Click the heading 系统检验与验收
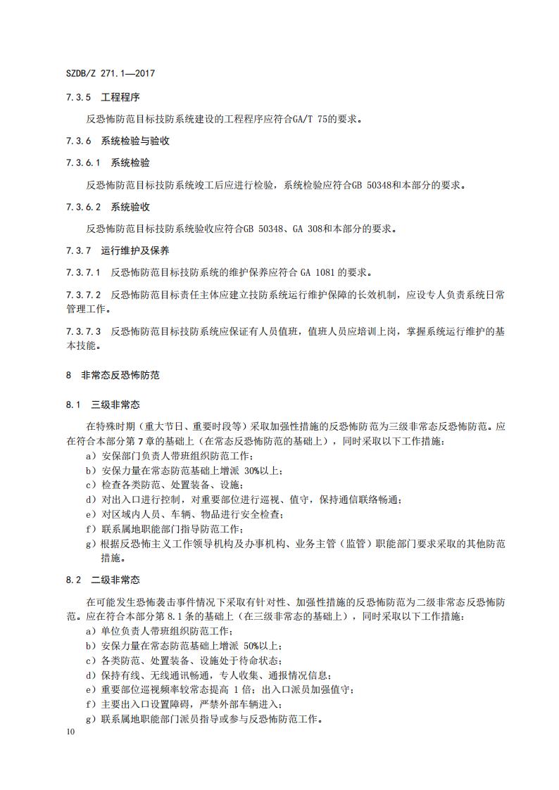(x=135, y=141)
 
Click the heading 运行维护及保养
(x=135, y=250)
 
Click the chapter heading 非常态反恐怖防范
(x=120, y=376)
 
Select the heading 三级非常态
(x=115, y=405)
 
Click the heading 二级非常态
(x=115, y=580)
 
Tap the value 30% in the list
(x=254, y=471)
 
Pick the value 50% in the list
(x=254, y=646)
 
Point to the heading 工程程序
(x=120, y=97)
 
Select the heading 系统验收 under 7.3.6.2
(x=130, y=207)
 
